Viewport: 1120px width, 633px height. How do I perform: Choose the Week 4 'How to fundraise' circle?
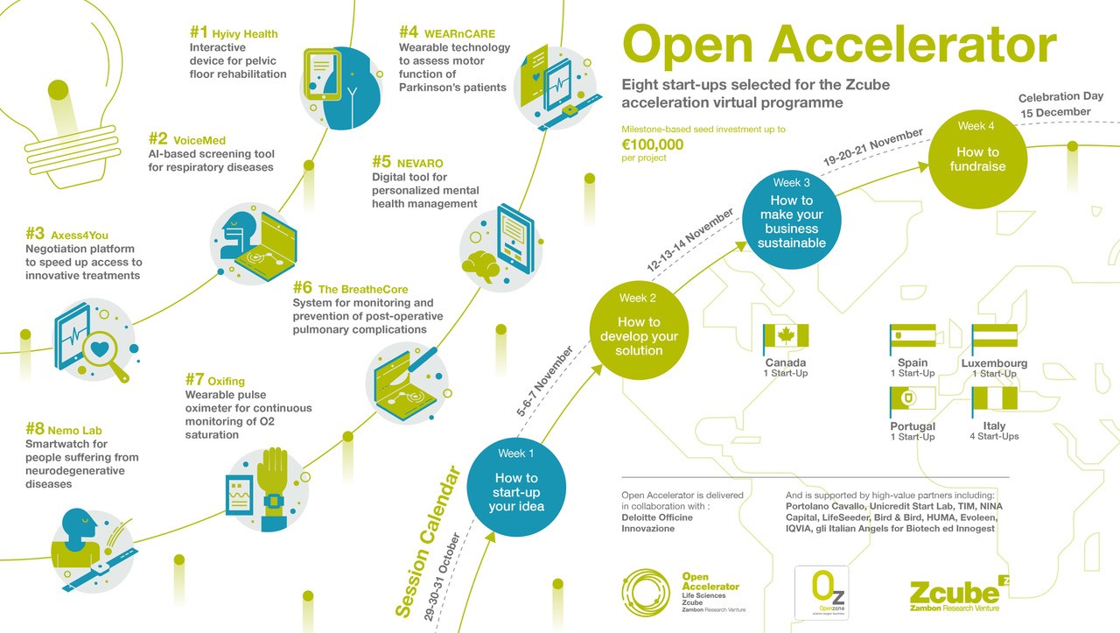pos(976,158)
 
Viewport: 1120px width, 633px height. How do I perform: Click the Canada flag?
pos(785,336)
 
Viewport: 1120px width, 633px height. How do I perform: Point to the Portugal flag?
pos(913,400)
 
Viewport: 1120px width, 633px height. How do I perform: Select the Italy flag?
pos(994,399)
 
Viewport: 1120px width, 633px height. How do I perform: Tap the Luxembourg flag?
pos(994,336)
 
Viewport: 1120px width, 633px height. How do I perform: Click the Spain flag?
pos(913,336)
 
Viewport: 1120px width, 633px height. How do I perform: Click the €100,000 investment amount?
pos(653,144)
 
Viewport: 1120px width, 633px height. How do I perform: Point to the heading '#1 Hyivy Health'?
pos(234,34)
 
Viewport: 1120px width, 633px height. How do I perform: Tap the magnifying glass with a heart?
pos(103,351)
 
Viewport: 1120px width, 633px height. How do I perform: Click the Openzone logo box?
pos(821,589)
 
